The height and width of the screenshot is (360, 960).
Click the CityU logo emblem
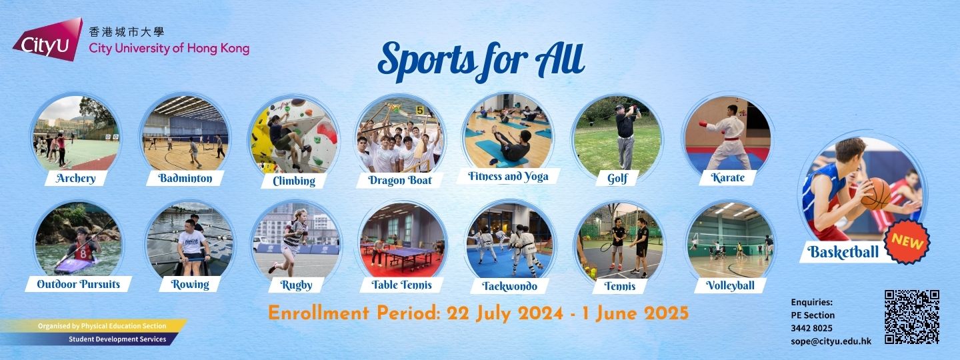point(48,39)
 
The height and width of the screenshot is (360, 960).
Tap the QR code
point(912,317)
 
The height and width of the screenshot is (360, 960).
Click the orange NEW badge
point(907,242)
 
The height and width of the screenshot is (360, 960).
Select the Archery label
point(75,178)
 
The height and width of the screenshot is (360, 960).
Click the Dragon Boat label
point(400,181)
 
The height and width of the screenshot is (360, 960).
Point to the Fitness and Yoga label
point(508,176)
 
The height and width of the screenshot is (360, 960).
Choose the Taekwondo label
point(509,286)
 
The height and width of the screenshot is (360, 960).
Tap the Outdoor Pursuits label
point(79,284)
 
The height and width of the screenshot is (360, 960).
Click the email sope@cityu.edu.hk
point(831,341)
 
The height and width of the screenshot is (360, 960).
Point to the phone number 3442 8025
point(812,328)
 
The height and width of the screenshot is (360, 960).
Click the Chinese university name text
point(127,32)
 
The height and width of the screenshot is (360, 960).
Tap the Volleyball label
point(730,286)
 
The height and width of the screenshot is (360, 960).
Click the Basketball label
point(843,252)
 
